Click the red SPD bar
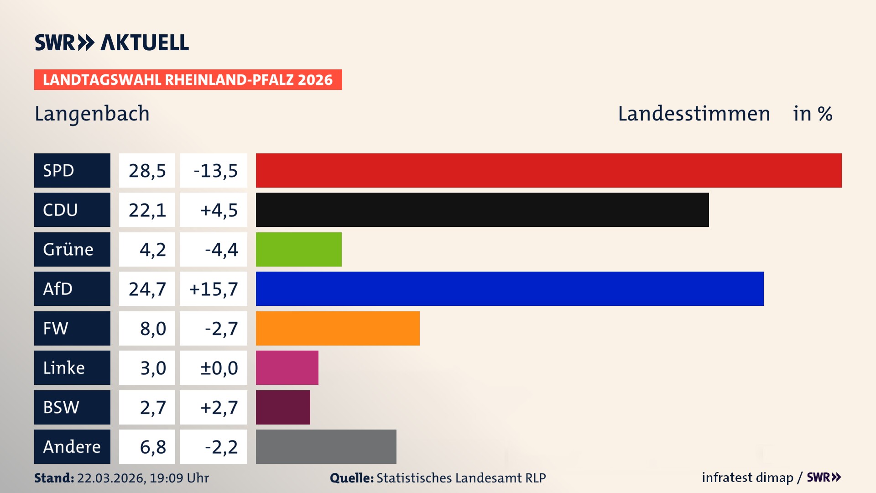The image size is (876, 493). coord(548,170)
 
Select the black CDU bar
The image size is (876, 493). coord(482,210)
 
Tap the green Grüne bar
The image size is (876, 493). coord(298,249)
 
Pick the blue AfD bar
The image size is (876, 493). coord(510,288)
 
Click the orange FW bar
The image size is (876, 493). coord(338,328)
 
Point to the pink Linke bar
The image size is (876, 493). coord(287,367)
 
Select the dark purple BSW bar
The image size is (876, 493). coord(283,407)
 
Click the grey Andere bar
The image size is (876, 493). coord(326,446)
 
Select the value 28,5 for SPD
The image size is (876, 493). coord(147,171)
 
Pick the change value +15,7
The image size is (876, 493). coord(214,289)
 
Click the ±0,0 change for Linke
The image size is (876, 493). coord(219,368)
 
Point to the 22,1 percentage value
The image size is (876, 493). coord(147,210)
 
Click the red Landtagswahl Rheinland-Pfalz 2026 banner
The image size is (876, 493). coord(188,80)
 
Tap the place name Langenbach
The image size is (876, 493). coord(92,114)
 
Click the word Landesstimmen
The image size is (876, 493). coord(693,114)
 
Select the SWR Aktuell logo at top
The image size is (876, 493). coord(112,42)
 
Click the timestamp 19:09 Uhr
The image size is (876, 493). coord(179,478)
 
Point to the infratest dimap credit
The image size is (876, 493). coord(747,477)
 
